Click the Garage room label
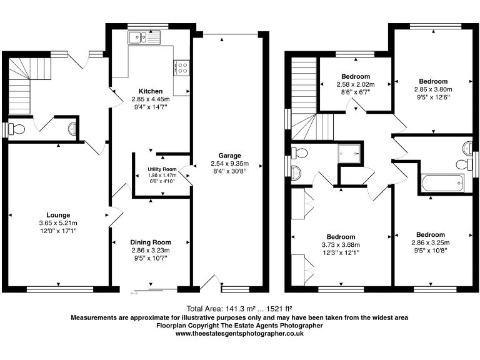[x=229, y=156]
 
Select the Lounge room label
[x=57, y=214]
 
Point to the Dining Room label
[x=150, y=242]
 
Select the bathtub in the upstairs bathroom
[x=442, y=184]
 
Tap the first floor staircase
[x=307, y=100]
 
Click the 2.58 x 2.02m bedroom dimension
[x=355, y=84]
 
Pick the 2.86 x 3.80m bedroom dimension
[x=433, y=89]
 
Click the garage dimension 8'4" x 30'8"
[x=229, y=171]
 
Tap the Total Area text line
[x=239, y=309]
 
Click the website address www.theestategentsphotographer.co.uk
[x=239, y=334]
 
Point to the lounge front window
[x=60, y=289]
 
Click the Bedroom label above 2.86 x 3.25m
[x=431, y=235]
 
